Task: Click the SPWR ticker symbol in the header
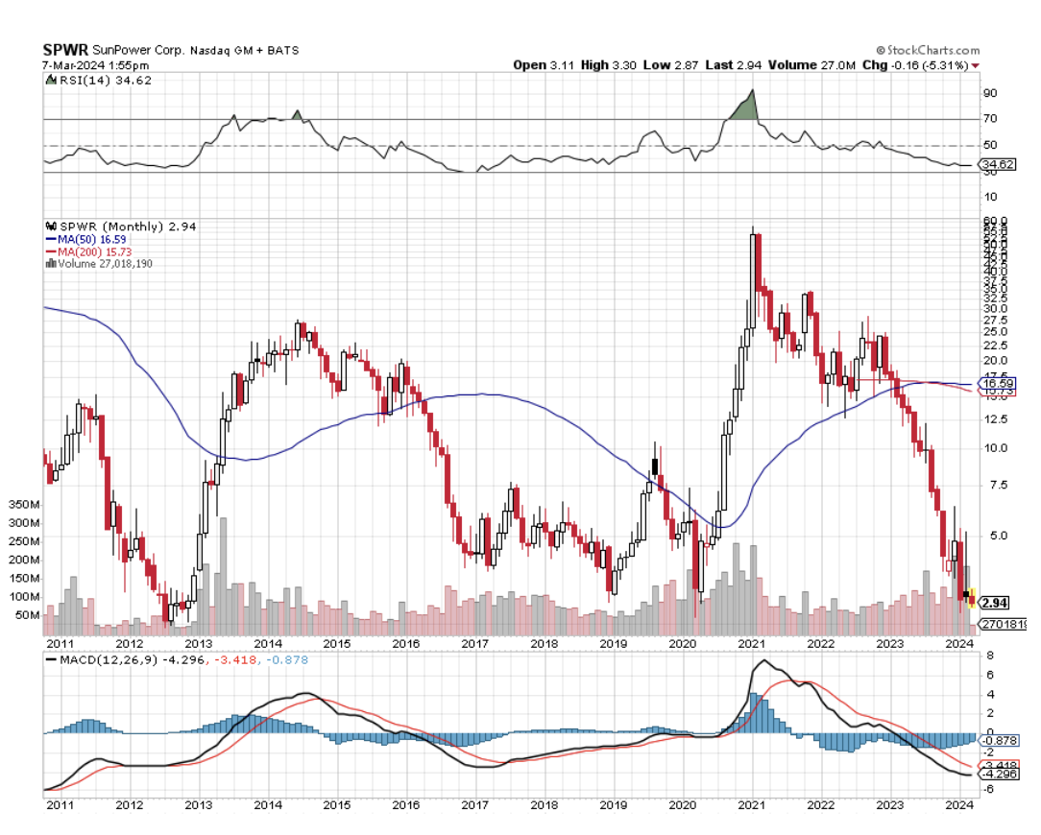click(64, 50)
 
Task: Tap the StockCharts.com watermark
click(928, 50)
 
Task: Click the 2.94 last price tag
click(994, 603)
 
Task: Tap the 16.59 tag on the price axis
click(995, 383)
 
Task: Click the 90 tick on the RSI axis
click(989, 93)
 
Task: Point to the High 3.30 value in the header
click(609, 65)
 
